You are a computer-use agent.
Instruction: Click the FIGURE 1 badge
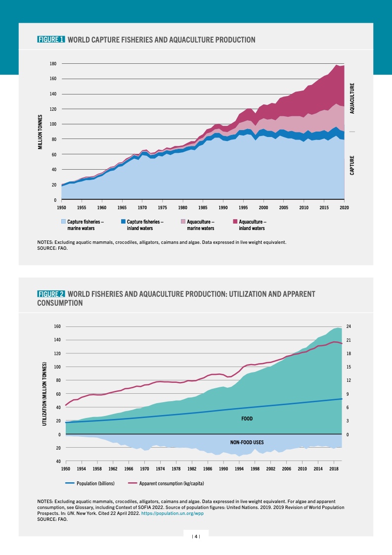[x=51, y=39]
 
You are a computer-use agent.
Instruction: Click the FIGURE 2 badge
[x=51, y=294]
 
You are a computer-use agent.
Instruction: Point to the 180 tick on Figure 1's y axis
[x=53, y=64]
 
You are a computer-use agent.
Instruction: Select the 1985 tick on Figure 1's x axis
[x=203, y=208]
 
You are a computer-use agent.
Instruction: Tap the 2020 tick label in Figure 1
[x=344, y=208]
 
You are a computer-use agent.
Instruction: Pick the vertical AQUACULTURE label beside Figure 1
[x=352, y=98]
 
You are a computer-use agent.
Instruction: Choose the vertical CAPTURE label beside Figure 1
[x=352, y=166]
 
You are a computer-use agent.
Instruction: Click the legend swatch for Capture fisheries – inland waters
[x=123, y=222]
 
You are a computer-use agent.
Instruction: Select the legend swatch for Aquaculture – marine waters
[x=183, y=222]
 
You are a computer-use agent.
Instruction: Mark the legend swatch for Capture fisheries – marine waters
[x=64, y=222]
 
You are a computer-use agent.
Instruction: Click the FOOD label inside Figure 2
[x=247, y=418]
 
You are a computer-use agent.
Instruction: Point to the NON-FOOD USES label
[x=247, y=442]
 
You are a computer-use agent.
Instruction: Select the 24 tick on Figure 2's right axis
[x=348, y=326]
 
